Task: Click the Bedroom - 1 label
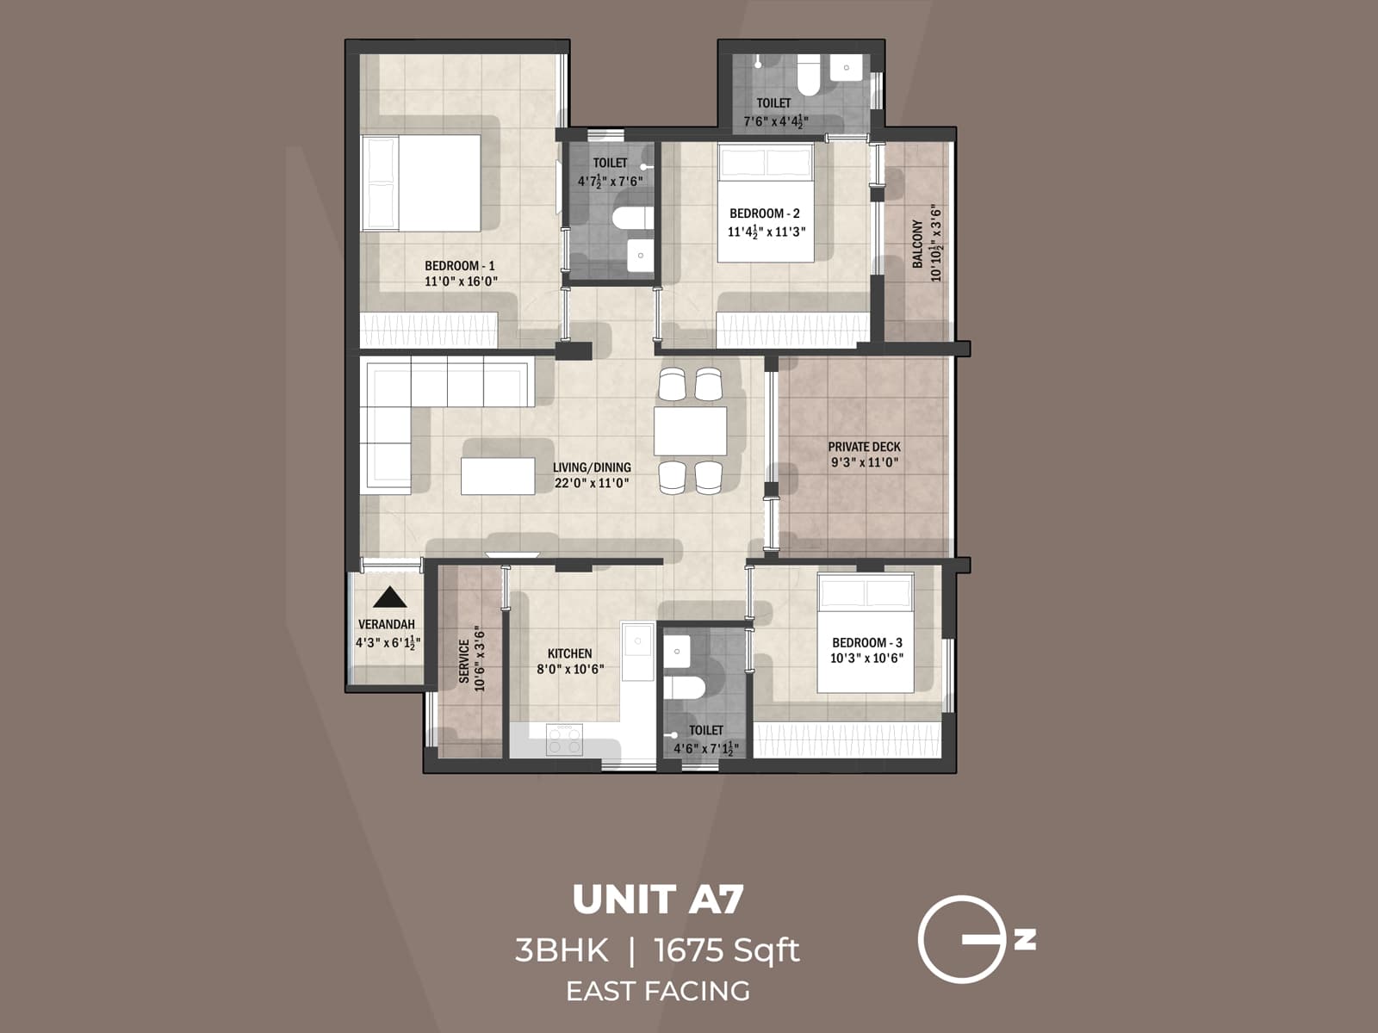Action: pos(459,266)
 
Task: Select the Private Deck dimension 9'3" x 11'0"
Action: pos(864,462)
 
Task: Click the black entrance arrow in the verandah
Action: pos(389,597)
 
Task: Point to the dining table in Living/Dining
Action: pos(690,430)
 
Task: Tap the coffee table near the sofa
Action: pos(498,476)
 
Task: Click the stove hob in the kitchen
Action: pos(564,739)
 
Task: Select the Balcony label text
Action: pos(918,244)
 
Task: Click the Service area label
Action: pos(465,661)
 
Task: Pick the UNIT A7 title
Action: pos(657,900)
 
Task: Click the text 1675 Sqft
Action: pos(727,951)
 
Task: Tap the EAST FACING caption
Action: pos(657,991)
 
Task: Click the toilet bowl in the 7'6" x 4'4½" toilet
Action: pos(808,77)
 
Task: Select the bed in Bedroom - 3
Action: pos(865,634)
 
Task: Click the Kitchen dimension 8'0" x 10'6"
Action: pos(570,669)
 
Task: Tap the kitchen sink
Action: pos(638,640)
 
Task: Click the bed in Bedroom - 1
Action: pos(421,182)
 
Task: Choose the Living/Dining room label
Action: pos(592,467)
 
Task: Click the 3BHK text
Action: pos(561,951)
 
